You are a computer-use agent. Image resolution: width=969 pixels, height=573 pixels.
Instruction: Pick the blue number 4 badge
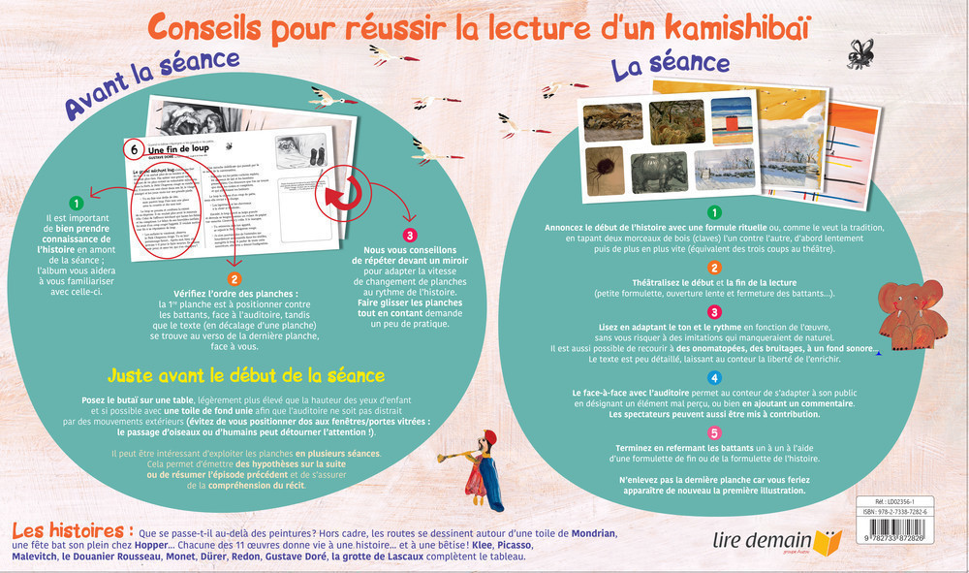[714, 377]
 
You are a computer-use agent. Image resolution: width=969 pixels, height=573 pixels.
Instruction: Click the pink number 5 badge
[714, 433]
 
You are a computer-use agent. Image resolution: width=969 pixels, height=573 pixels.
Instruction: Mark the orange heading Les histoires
[71, 531]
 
